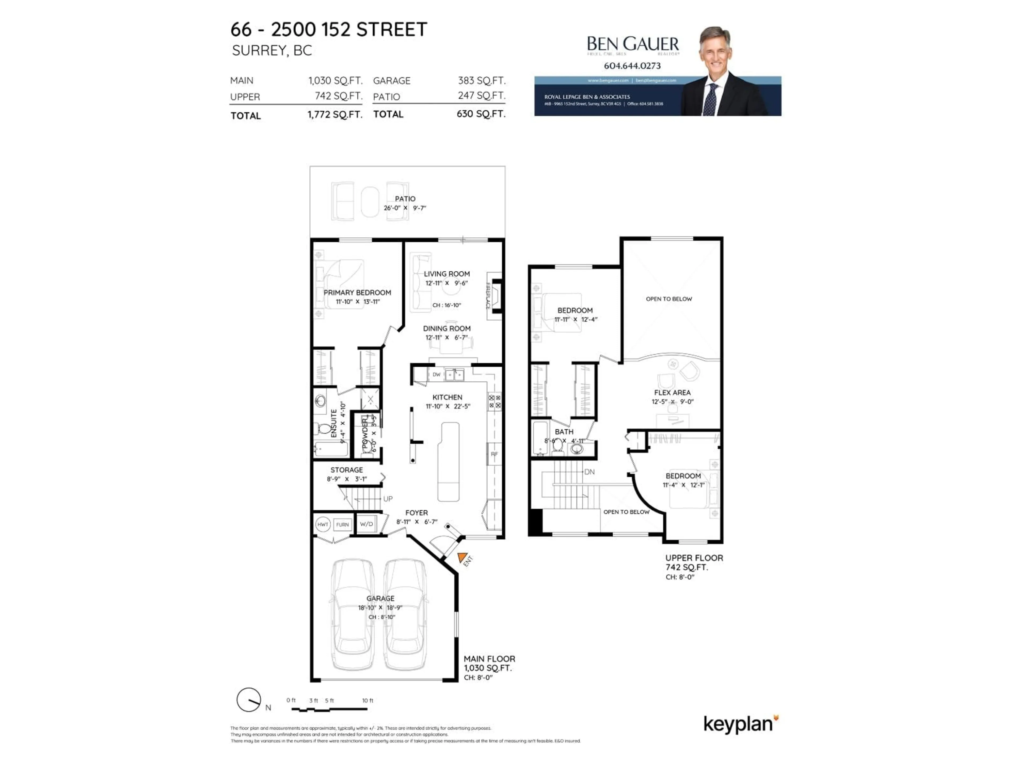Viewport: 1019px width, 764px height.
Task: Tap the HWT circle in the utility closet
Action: coord(322,524)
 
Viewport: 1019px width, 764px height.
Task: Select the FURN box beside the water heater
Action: coord(342,524)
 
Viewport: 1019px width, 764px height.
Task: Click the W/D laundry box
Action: coord(366,524)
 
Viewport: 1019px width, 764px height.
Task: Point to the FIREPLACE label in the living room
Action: coord(488,296)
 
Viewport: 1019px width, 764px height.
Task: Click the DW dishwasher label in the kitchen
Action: coord(436,374)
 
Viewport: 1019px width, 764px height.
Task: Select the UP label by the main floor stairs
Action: coord(388,499)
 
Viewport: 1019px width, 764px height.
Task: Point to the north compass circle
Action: coord(249,700)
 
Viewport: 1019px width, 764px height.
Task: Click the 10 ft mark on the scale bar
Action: coord(368,700)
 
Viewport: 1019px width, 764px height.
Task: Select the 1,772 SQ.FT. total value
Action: coord(335,115)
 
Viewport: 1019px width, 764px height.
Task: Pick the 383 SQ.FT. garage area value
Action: coord(481,81)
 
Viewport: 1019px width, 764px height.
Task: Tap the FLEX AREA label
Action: coord(672,393)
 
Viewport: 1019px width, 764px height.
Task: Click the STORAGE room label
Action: coord(346,470)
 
